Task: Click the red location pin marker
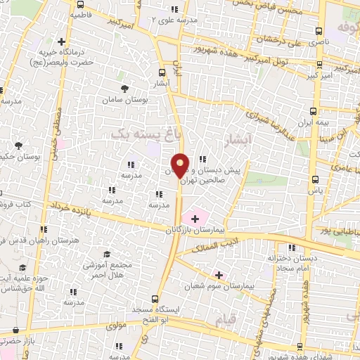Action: click(180, 165)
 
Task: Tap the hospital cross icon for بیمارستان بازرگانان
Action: click(195, 219)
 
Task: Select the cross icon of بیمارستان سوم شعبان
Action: click(219, 275)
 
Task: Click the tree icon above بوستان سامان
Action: click(124, 89)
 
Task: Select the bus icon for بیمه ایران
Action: click(313, 111)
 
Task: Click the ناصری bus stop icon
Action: click(319, 31)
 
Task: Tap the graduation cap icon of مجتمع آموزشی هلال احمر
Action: click(106, 254)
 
